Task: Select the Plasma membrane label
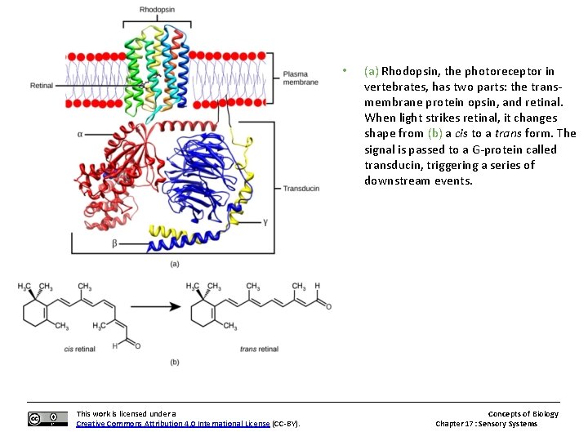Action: [301, 78]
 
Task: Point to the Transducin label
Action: [301, 188]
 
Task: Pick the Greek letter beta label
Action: [114, 243]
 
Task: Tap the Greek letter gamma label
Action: [265, 221]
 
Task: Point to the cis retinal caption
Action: [80, 349]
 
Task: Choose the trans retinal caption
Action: [259, 349]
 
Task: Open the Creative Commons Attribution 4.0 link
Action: [172, 424]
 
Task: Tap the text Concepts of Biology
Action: [523, 414]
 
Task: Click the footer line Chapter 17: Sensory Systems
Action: [486, 424]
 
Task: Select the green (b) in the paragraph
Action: [435, 133]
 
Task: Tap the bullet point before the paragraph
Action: [346, 70]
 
